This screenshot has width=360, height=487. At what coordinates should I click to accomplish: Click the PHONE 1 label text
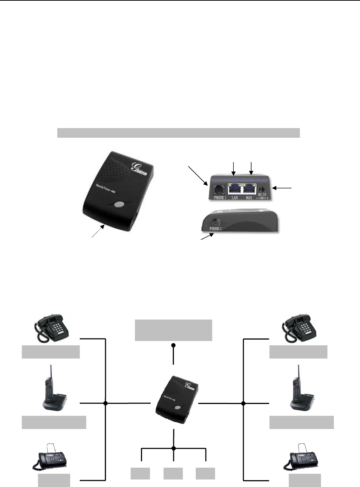[x=220, y=198]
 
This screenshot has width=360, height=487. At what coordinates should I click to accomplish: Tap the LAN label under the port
[x=235, y=198]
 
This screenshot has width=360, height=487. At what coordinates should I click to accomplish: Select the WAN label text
[x=249, y=198]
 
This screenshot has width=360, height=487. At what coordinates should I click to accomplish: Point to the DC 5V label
[x=262, y=195]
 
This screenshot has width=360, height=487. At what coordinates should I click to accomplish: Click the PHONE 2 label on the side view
[x=215, y=228]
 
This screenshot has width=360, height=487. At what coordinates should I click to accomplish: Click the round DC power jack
[x=263, y=189]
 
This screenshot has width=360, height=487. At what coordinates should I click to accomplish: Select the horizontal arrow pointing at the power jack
[x=282, y=187]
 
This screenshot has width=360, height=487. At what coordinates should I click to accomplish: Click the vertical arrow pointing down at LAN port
[x=233, y=169]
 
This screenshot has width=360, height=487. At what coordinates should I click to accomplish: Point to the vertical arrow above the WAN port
[x=251, y=169]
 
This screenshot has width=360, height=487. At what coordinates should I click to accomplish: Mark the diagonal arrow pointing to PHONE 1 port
[x=198, y=175]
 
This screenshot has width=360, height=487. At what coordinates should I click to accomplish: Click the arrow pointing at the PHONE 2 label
[x=207, y=237]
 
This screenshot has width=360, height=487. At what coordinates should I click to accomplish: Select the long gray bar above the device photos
[x=178, y=133]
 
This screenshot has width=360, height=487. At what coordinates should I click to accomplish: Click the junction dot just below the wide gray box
[x=174, y=345]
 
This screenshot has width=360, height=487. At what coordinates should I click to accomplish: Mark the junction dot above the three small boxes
[x=174, y=448]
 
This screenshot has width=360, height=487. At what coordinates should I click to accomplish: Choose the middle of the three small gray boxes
[x=173, y=473]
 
